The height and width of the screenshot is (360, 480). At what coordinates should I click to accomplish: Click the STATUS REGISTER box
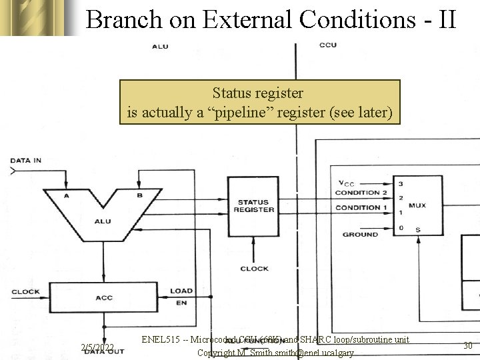pos(254,205)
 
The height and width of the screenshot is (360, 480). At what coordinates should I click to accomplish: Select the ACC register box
pos(104,298)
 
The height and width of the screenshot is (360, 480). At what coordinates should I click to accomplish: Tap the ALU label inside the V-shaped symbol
pos(103,221)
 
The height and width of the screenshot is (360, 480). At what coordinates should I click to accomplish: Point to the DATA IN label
pos(26,160)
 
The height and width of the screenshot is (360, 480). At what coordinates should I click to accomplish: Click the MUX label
pos(417,205)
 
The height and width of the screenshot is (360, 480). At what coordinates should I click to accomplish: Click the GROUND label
pos(360,235)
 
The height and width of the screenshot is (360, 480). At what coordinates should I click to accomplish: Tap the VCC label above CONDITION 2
pos(346,183)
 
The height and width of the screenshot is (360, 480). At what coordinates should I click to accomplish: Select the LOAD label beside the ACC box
pos(181,291)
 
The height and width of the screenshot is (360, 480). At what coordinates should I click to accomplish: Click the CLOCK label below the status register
pos(254,269)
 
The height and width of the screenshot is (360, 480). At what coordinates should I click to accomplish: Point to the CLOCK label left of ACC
pos(25,291)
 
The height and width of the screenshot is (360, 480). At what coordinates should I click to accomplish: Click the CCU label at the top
pos(328,45)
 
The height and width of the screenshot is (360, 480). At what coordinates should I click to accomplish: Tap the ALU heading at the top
pos(160,46)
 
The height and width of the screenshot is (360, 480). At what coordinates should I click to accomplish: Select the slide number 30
pos(467,345)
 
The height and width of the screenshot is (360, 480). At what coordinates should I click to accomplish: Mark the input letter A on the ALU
pos(66,195)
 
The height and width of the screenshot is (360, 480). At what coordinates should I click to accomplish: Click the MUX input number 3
pos(401,183)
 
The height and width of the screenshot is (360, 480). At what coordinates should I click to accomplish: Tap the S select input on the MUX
pos(418,230)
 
